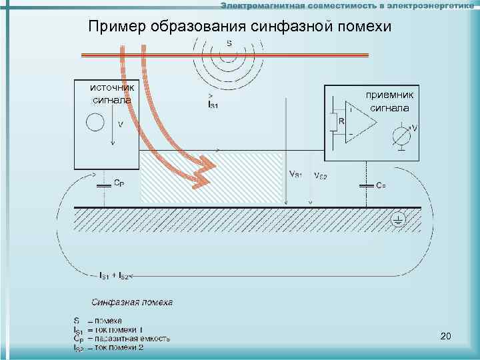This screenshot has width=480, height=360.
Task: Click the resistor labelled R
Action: (333, 122)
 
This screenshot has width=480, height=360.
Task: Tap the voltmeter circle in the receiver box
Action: (401, 136)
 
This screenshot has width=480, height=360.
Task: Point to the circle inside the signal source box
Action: (95, 123)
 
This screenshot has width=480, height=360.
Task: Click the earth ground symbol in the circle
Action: (398, 219)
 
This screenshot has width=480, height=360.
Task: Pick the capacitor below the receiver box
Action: (366, 185)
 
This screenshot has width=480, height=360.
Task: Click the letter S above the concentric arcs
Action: (229, 44)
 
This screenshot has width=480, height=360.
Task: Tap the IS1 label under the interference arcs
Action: (213, 105)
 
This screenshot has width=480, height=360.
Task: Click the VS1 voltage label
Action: (295, 175)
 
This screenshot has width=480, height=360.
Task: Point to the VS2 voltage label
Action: (320, 176)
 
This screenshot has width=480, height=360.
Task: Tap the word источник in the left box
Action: (113, 88)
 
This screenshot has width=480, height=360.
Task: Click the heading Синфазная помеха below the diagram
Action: (132, 302)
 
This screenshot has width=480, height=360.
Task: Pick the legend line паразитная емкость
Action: (137, 338)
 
